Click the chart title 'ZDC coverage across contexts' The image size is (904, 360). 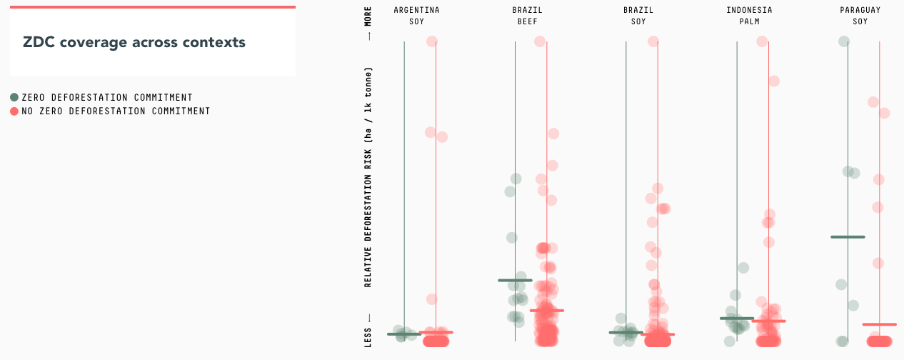134,43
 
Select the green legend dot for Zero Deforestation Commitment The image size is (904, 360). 14,97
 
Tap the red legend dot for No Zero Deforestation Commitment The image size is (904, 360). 14,111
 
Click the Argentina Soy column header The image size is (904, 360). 416,16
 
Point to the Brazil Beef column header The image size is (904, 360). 527,16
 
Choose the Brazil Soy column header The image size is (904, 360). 638,16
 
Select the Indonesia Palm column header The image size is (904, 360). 749,16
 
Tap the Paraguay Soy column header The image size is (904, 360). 860,16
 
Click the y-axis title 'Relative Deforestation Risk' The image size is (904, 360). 368,177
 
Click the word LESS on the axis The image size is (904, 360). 368,338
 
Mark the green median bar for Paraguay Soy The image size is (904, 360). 848,236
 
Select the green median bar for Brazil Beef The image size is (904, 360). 515,280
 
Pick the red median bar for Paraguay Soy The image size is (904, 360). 879,324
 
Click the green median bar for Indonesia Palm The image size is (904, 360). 737,318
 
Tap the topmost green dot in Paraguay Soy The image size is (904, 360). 843,41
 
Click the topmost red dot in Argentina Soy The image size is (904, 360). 432,41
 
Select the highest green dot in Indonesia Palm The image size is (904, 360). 743,268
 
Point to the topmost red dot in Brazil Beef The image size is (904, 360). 540,41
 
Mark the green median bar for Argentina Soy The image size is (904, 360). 404,334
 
